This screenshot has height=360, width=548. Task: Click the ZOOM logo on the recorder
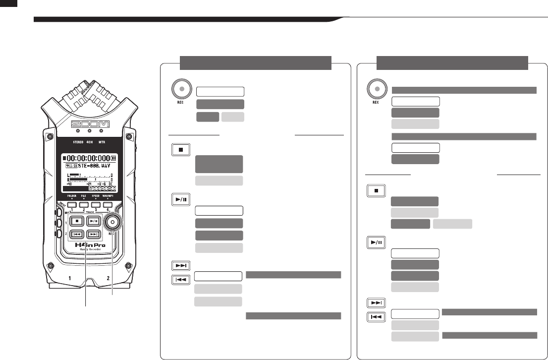(x=89, y=123)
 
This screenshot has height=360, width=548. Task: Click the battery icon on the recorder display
(x=114, y=158)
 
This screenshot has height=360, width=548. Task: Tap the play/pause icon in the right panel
(x=376, y=243)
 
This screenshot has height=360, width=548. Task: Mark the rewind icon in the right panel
(x=376, y=316)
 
